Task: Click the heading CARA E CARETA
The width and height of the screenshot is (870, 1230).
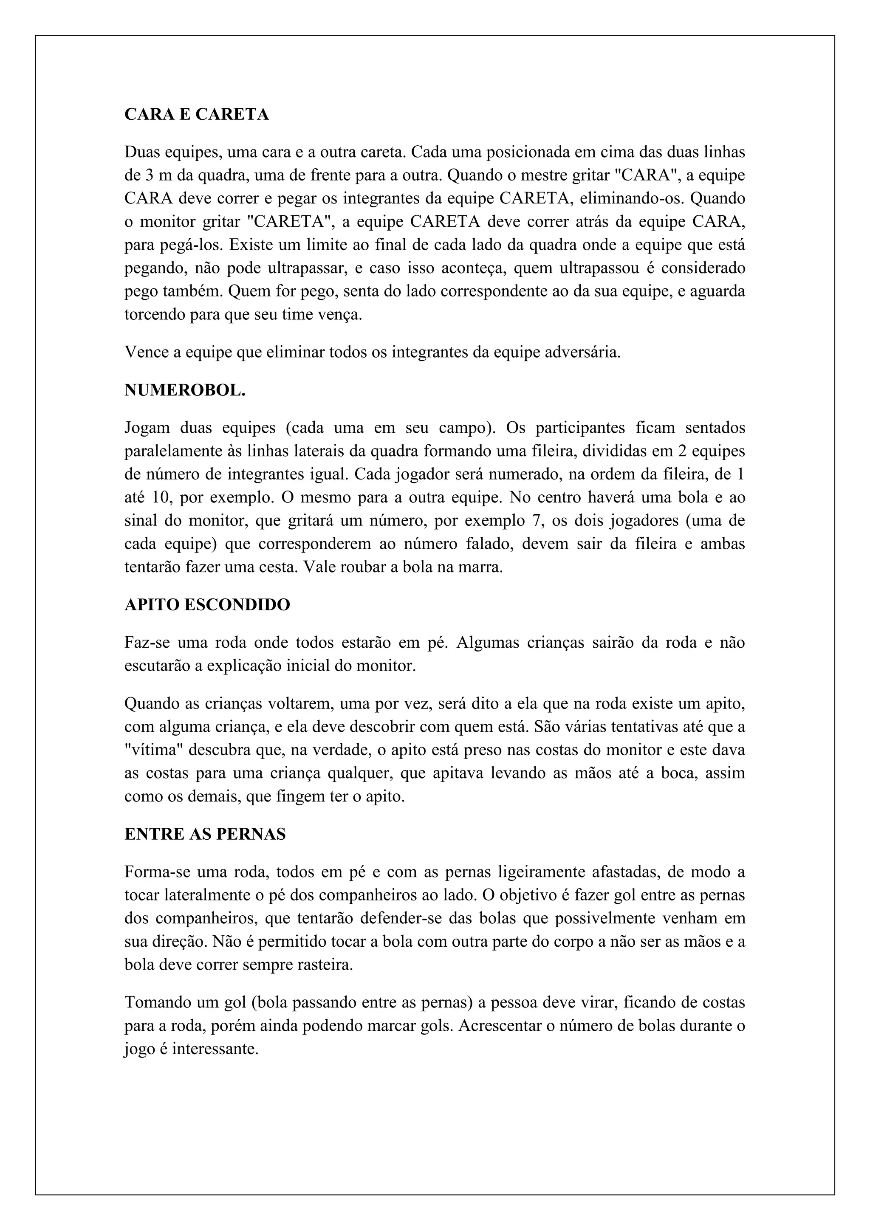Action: tap(197, 115)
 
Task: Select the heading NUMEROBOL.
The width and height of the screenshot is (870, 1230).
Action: tap(185, 391)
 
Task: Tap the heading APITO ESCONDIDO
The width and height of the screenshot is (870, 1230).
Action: tap(207, 605)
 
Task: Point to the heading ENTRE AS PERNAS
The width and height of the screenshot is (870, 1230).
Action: tap(205, 834)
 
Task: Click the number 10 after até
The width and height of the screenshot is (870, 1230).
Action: tap(160, 498)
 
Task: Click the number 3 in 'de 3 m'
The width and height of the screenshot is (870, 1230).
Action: tap(150, 176)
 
